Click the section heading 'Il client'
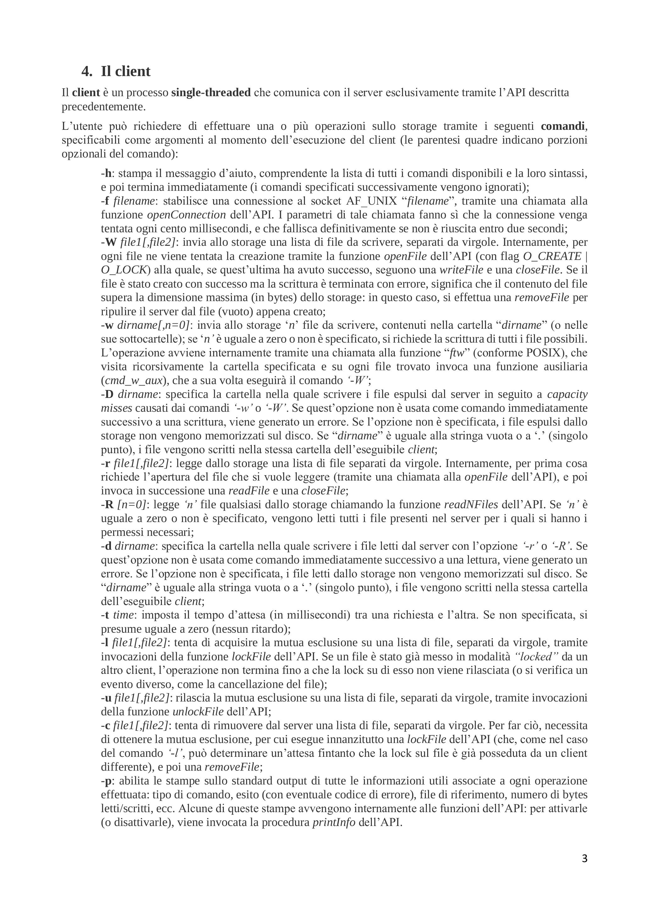click(x=125, y=71)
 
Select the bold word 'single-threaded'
click(x=211, y=92)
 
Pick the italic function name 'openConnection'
click(x=186, y=215)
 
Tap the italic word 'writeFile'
click(x=461, y=270)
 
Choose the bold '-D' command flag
click(x=107, y=394)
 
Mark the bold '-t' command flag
click(x=105, y=615)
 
